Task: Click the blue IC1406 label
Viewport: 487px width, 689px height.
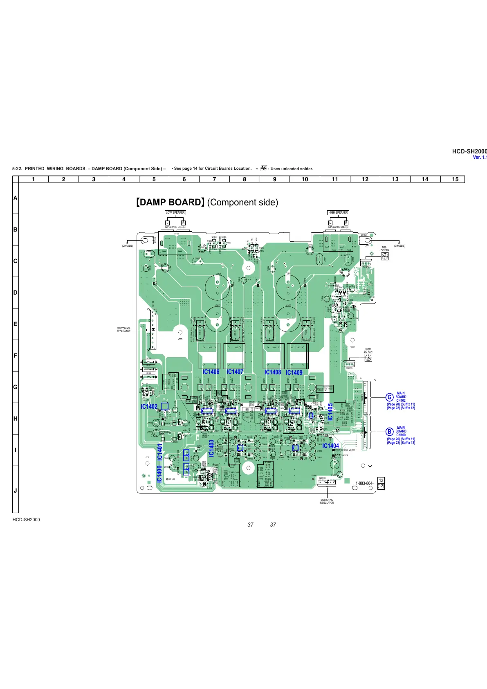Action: coord(211,372)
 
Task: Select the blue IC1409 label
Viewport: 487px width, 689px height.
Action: coord(294,372)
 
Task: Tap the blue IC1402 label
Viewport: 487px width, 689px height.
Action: coord(149,406)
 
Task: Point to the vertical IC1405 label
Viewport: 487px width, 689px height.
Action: coord(330,412)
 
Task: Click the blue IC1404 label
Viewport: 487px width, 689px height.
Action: coord(330,446)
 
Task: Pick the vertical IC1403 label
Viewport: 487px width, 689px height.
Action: coord(211,448)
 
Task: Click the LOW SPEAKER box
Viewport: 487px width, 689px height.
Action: coord(175,212)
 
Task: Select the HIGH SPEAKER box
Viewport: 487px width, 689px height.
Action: coord(338,212)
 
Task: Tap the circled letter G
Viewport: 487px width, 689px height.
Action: coord(390,397)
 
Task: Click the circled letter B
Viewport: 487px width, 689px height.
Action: coord(390,431)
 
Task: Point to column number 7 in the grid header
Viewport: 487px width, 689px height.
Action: coord(214,179)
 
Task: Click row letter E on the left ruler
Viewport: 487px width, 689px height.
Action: coord(16,324)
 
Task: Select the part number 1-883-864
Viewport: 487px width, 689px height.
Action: coord(364,483)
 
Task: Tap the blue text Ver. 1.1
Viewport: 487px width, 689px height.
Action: coord(480,158)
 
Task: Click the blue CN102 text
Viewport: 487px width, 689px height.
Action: coord(401,401)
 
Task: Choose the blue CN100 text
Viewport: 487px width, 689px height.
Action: coord(401,435)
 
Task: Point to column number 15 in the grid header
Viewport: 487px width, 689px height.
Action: coord(455,179)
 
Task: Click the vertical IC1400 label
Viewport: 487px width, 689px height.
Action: coord(159,474)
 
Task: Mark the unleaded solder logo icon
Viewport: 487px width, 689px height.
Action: coord(263,168)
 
